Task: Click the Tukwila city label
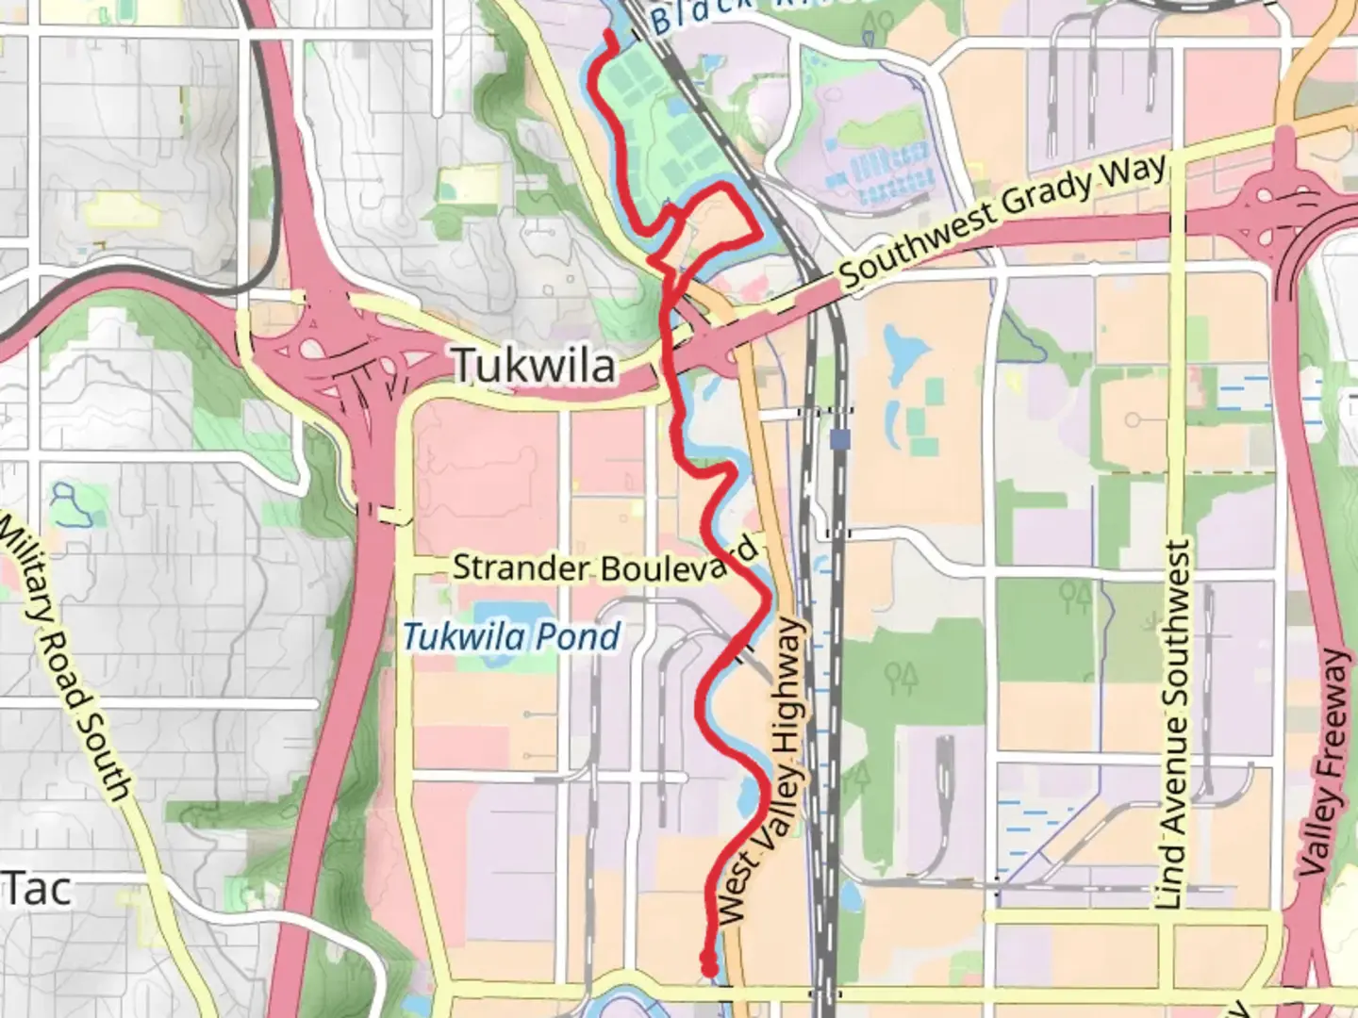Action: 534,366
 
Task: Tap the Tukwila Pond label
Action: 511,637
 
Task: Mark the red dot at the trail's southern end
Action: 707,963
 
